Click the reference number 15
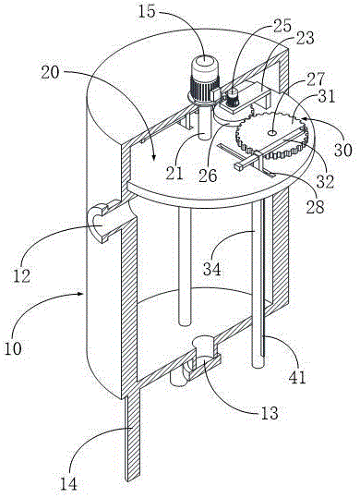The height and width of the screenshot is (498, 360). [148, 12]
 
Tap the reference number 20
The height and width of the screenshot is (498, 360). [51, 72]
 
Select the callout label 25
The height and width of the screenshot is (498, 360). [282, 27]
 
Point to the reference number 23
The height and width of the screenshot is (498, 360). [305, 38]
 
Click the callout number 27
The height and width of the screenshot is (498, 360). [316, 79]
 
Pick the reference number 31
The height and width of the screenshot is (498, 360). [327, 95]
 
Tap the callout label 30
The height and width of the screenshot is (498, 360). [342, 150]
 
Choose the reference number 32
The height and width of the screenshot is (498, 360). [325, 181]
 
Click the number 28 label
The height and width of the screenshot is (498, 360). [315, 206]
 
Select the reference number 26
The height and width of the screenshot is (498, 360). [208, 175]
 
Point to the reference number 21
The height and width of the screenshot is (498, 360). [174, 174]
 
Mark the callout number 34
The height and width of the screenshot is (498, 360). [212, 269]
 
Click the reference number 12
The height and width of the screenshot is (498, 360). [22, 275]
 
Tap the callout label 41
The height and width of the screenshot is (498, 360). [297, 377]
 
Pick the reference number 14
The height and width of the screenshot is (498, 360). [68, 484]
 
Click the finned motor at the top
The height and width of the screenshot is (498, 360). [205, 81]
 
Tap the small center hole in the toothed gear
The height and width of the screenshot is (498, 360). [272, 132]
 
